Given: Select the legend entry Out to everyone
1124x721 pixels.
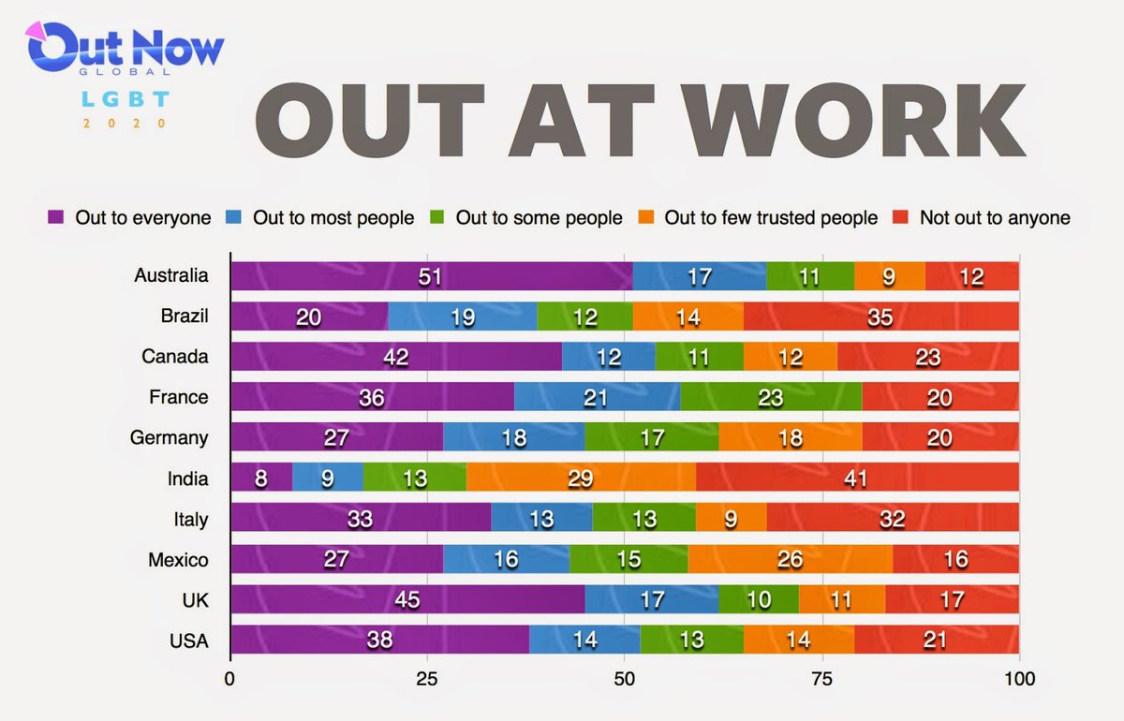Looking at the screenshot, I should click(x=130, y=218).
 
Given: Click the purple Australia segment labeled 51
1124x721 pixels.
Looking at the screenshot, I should click(x=431, y=276).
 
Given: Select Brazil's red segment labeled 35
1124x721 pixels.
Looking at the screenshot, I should click(x=880, y=316).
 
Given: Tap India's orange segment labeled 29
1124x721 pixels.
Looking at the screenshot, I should click(x=581, y=478).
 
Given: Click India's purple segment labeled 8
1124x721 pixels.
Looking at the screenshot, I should click(x=261, y=478).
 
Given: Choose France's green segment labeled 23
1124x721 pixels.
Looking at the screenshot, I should click(x=771, y=397).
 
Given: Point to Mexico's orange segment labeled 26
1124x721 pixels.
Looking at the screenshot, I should click(x=790, y=559).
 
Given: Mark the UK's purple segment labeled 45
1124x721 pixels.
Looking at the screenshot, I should click(x=407, y=599).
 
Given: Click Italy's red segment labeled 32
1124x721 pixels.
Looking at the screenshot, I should click(x=892, y=519).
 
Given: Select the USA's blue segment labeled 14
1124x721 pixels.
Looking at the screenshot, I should click(x=584, y=640).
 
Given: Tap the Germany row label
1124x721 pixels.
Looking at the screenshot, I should click(x=175, y=437).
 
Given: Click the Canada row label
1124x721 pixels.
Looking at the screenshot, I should click(x=175, y=357).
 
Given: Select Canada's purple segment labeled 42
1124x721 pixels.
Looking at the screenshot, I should click(x=396, y=357).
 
